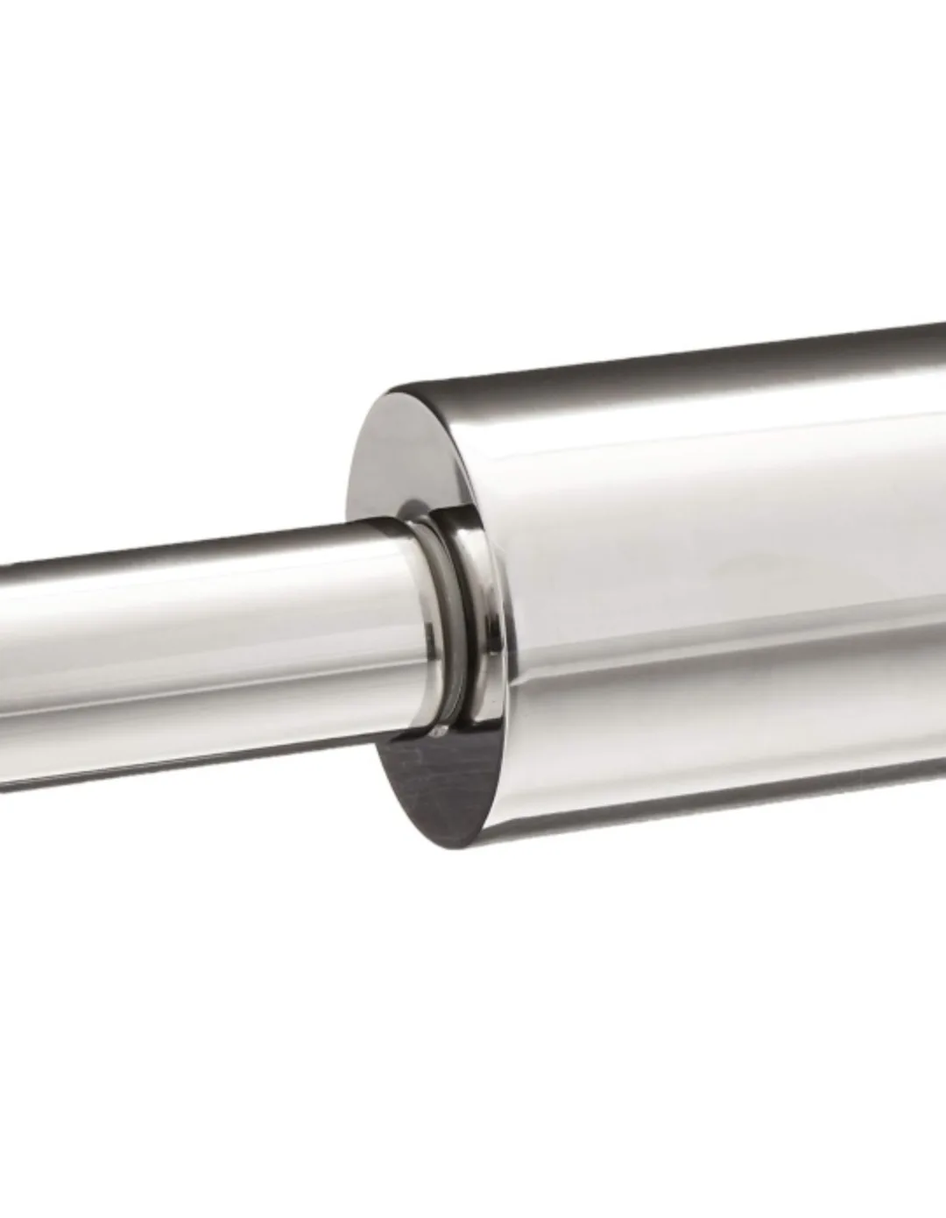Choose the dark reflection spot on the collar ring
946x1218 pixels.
click(x=473, y=701)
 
